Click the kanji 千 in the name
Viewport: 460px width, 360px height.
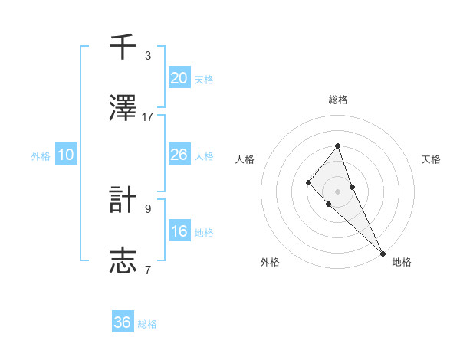[123, 47]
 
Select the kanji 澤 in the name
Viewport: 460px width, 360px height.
[123, 108]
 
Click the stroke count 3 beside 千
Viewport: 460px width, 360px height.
[148, 56]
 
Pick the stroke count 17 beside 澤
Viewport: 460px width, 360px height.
[148, 116]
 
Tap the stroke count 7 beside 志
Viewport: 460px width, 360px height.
[148, 270]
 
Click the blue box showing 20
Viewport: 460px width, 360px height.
[179, 78]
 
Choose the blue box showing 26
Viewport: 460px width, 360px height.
[179, 155]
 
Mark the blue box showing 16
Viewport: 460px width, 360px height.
[179, 231]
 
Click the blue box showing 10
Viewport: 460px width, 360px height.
[66, 155]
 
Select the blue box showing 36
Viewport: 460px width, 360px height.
[123, 322]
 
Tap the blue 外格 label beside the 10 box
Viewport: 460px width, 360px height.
[41, 156]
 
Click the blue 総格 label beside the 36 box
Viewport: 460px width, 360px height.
[147, 324]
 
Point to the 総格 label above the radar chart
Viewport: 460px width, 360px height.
[338, 100]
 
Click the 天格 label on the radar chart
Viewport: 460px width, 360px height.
[432, 159]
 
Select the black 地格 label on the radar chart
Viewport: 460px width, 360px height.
[402, 262]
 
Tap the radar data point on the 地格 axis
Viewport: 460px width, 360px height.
[383, 253]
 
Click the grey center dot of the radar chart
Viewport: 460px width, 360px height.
[338, 191]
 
